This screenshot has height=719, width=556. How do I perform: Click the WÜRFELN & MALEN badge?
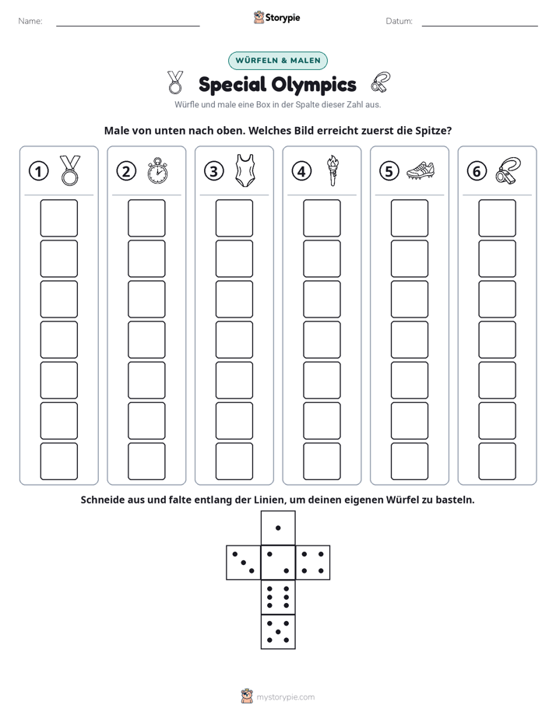(x=277, y=61)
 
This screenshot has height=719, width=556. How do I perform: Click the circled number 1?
(x=38, y=171)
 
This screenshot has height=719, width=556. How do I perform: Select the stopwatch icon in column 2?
(x=157, y=170)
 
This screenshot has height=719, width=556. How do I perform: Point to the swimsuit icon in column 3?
(x=245, y=170)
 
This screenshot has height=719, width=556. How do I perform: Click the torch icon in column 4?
(x=333, y=170)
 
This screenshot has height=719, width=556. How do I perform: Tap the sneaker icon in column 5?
(x=421, y=170)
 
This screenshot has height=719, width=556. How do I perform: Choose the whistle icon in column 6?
(x=508, y=170)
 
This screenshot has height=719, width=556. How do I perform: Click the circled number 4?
(x=301, y=171)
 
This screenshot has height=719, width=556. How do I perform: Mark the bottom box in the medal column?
(x=58, y=461)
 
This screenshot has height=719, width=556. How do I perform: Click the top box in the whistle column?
(x=497, y=218)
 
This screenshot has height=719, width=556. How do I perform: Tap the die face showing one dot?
(x=278, y=528)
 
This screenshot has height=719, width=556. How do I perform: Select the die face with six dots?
(x=278, y=597)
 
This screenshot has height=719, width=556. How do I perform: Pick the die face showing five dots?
(x=278, y=632)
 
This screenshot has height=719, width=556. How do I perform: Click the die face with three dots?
(x=243, y=563)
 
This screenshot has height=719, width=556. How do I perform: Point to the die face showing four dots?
(x=313, y=563)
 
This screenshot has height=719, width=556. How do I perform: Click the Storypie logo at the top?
(x=276, y=17)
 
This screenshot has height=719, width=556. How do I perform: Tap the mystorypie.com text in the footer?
(x=285, y=697)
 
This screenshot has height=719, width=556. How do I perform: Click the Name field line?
(x=128, y=26)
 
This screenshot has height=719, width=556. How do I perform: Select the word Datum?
(x=399, y=21)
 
